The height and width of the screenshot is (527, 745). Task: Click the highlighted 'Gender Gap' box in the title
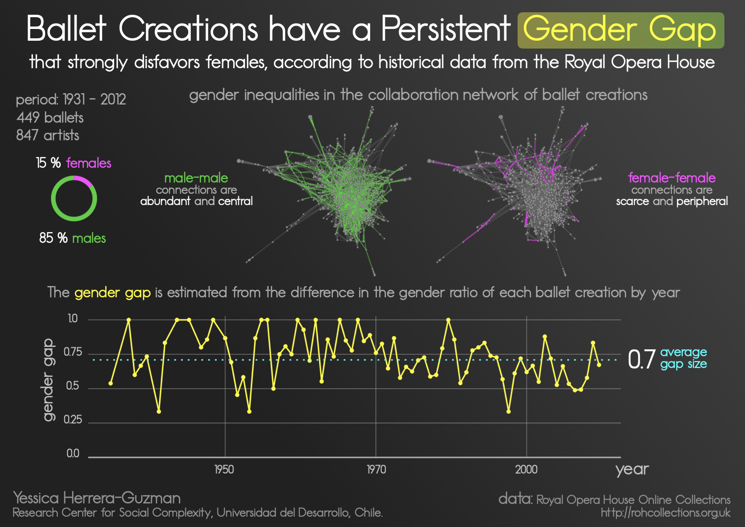(621, 30)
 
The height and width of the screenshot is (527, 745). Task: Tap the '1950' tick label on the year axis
(224, 470)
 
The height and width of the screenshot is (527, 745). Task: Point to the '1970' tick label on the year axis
(376, 470)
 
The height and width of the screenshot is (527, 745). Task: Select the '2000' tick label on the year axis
(526, 470)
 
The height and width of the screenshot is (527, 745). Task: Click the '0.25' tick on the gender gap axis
(73, 420)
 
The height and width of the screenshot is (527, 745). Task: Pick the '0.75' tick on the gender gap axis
(73, 352)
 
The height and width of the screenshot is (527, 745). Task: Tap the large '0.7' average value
(641, 359)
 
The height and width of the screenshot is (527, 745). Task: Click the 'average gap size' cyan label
(683, 358)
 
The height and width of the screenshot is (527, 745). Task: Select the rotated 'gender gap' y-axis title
(48, 380)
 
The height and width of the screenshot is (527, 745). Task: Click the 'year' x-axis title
(632, 469)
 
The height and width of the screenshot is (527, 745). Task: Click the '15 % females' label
(74, 163)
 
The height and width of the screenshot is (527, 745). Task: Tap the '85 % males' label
(73, 238)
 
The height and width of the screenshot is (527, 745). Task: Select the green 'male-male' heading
(196, 178)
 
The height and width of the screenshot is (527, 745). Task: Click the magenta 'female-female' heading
(671, 178)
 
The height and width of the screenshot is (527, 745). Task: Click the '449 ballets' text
(50, 118)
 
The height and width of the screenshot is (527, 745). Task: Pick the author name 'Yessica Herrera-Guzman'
(97, 498)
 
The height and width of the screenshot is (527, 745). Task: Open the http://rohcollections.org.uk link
(665, 513)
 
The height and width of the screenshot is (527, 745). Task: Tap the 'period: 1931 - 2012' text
(71, 100)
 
